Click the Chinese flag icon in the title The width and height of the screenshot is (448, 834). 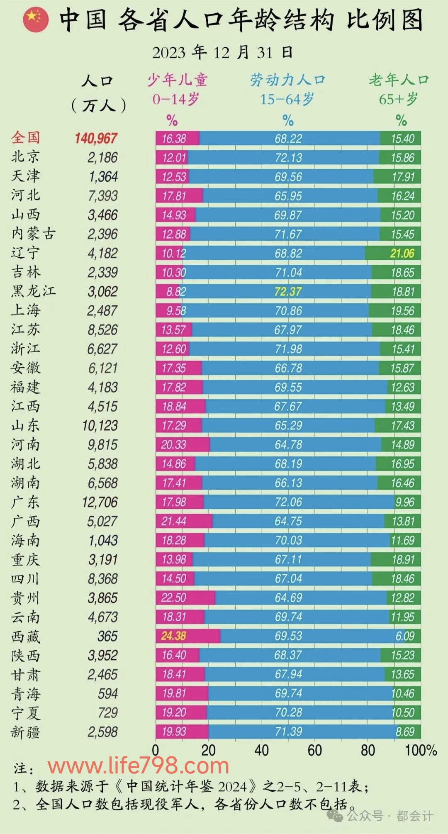tap(36, 19)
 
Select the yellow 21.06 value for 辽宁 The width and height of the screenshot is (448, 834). tap(402, 254)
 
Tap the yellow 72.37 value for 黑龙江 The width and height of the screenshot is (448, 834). tap(288, 292)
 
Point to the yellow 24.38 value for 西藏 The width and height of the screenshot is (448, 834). tap(173, 636)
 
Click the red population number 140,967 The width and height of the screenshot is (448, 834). tap(96, 138)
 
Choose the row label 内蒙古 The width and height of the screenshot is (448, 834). tap(33, 234)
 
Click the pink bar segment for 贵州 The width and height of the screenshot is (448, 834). tap(185, 598)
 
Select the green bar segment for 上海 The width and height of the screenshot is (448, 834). tap(394, 311)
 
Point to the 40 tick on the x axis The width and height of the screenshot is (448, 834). tap(262, 750)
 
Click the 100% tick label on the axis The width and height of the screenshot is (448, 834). tap(421, 750)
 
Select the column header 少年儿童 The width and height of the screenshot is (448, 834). tap(177, 80)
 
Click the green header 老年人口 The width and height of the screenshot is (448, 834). tap(399, 80)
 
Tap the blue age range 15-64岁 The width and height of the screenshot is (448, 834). tap(287, 100)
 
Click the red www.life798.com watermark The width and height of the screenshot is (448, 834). tap(139, 766)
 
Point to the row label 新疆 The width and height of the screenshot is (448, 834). tap(26, 732)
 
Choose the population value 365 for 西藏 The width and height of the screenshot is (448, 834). tap(107, 636)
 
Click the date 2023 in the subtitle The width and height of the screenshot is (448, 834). tap(168, 53)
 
